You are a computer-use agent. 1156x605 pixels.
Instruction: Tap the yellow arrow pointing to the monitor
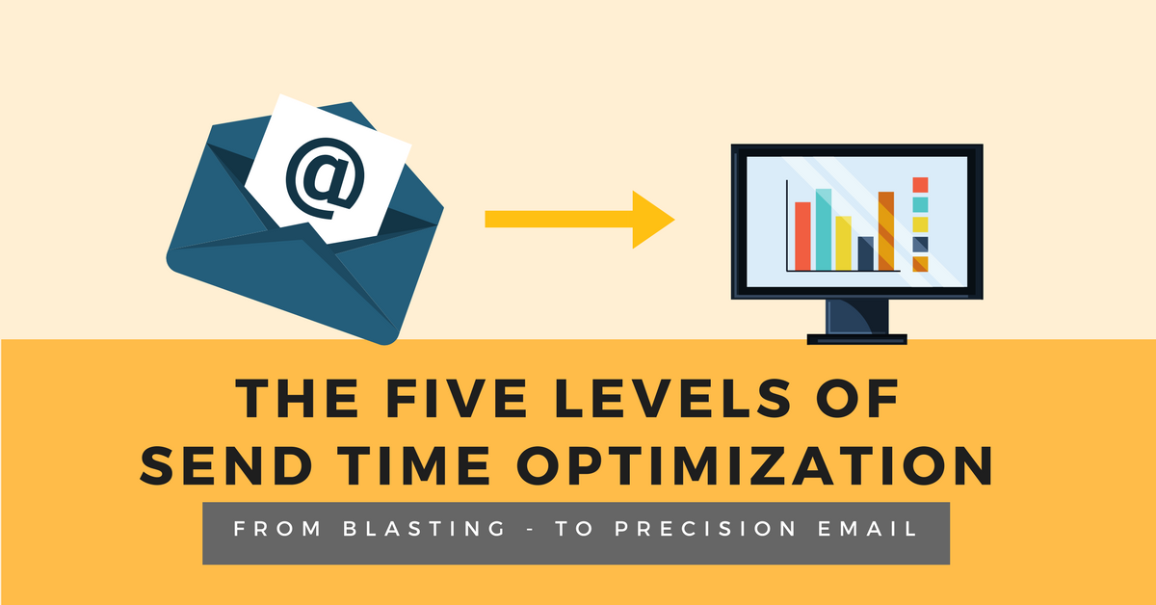[x=578, y=220]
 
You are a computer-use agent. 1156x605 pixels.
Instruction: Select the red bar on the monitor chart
[x=802, y=236]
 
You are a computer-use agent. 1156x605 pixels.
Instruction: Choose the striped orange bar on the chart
[x=886, y=231]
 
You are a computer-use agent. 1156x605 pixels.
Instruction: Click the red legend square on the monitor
[x=920, y=184]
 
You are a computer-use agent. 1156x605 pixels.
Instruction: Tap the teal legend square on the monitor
[x=920, y=204]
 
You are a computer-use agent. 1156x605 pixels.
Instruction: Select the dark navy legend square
[x=920, y=244]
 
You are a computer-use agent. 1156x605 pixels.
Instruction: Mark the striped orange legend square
[x=920, y=263]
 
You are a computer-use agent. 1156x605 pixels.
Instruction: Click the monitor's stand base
[x=856, y=338]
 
